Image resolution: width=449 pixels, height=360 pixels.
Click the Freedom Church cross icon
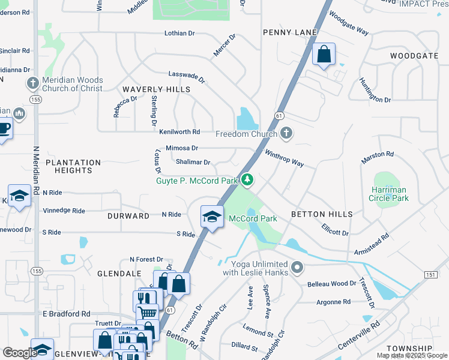[286, 133]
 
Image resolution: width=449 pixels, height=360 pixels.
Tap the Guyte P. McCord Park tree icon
[247, 180]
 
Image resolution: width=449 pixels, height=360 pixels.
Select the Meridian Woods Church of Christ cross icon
[32, 83]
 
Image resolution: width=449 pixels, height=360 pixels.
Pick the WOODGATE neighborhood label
[414, 56]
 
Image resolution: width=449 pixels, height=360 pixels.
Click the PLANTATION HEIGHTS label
[73, 166]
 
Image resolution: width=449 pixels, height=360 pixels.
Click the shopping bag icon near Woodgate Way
[324, 55]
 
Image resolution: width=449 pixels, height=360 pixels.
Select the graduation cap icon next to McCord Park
[211, 217]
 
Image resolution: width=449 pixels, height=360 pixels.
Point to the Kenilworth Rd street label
[179, 131]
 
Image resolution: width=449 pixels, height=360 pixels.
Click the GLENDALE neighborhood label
[119, 274]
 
